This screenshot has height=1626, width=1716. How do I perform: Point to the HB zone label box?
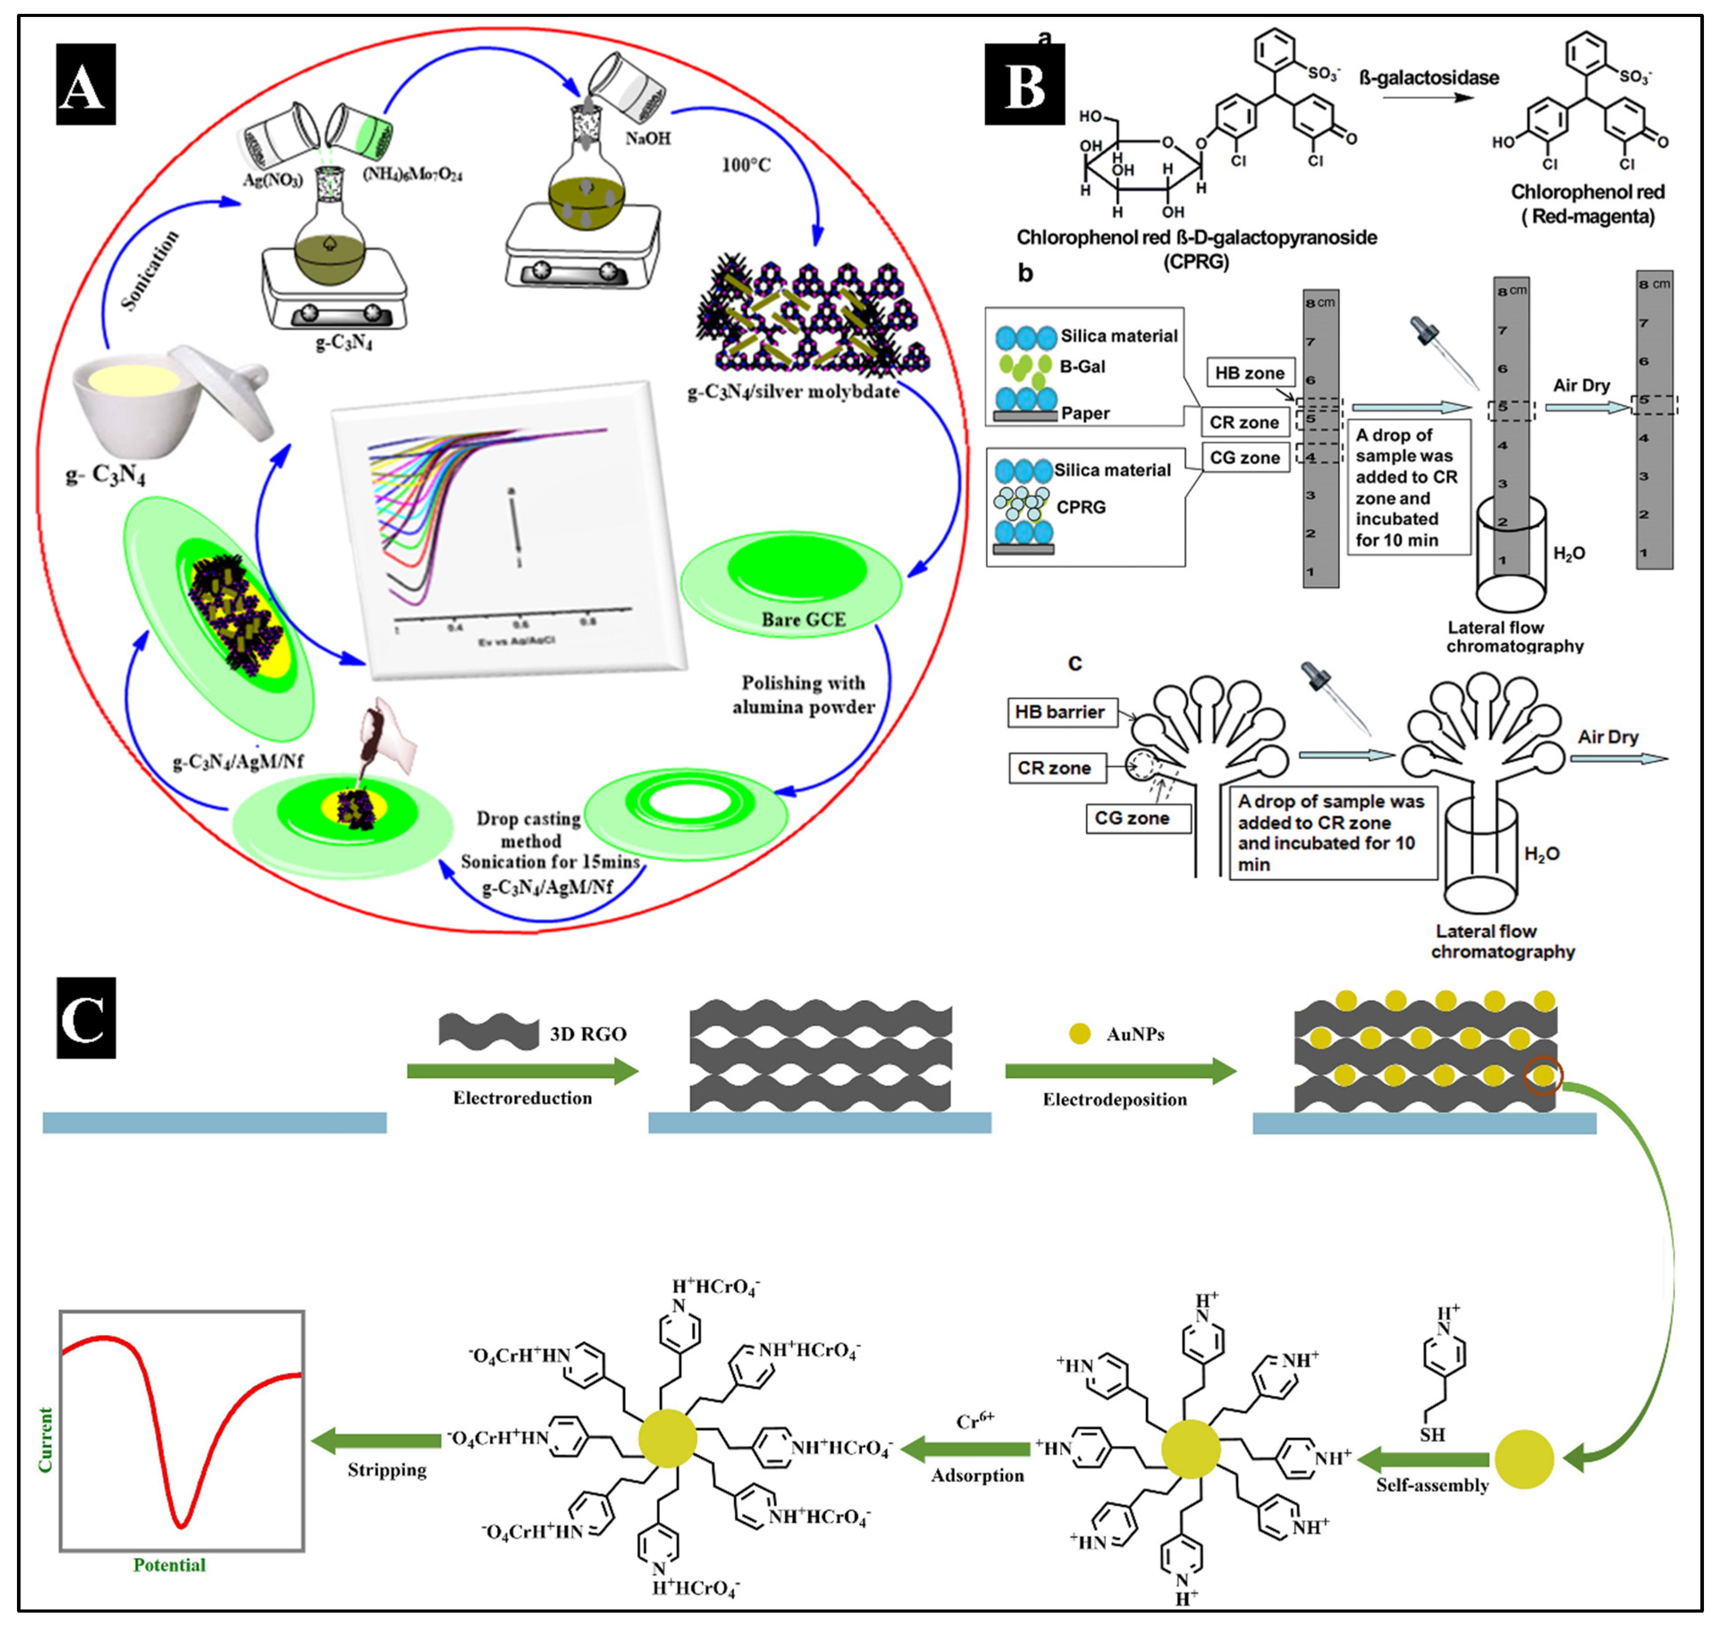[x=1249, y=373]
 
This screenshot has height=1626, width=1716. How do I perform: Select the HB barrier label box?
[x=1059, y=712]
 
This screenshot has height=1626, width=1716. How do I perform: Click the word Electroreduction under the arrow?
[x=523, y=1098]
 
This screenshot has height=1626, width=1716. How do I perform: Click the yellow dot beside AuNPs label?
[x=1079, y=1033]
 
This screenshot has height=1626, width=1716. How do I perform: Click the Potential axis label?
[x=169, y=1564]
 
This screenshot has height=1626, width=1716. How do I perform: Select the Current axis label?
[x=45, y=1439]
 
